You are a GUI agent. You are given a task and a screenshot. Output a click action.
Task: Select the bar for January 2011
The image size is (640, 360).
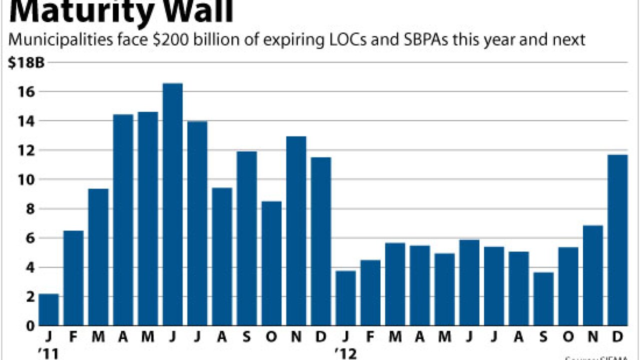coord(48,309)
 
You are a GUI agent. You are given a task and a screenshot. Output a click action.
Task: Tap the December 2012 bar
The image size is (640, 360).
coord(617,240)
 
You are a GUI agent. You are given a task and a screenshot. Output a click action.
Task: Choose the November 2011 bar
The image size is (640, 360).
coord(296,230)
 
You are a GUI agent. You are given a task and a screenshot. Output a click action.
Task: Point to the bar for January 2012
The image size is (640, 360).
coord(345,298)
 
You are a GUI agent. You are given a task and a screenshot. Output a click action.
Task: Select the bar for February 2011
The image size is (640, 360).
coord(73,278)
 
